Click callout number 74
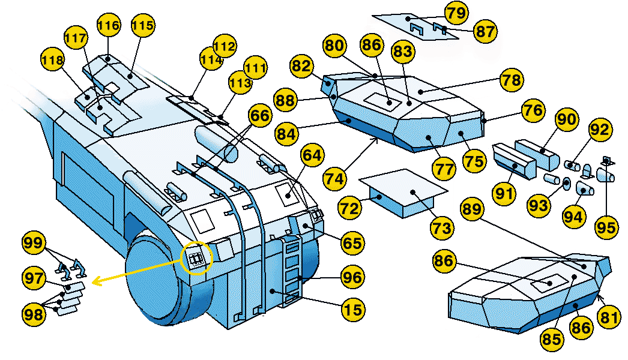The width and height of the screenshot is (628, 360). (x=336, y=178)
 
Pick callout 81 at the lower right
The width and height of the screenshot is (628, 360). (x=611, y=317)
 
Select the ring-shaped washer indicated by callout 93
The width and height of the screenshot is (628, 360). (x=566, y=184)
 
